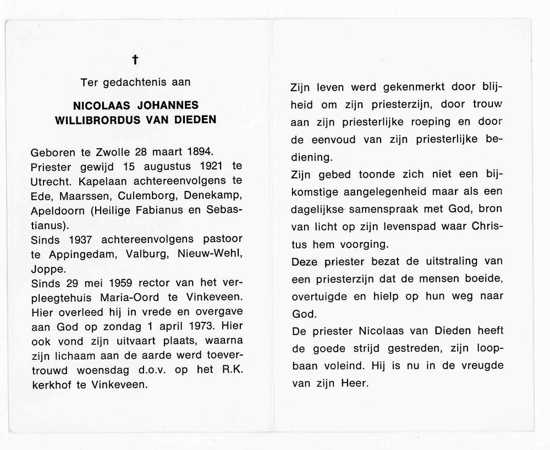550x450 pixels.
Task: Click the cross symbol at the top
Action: [x=135, y=61]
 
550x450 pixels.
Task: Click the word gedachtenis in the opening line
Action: [x=135, y=83]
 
